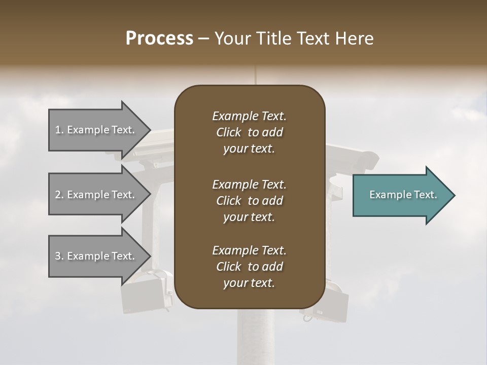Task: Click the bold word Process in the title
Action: click(159, 38)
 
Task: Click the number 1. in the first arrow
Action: click(59, 130)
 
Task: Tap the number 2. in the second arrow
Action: click(59, 195)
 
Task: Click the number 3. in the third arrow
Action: click(59, 256)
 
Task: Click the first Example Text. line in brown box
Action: click(249, 116)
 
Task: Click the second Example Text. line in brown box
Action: click(249, 184)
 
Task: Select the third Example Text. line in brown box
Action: click(249, 250)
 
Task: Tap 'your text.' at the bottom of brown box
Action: click(249, 283)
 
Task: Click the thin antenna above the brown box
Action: click(255, 75)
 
